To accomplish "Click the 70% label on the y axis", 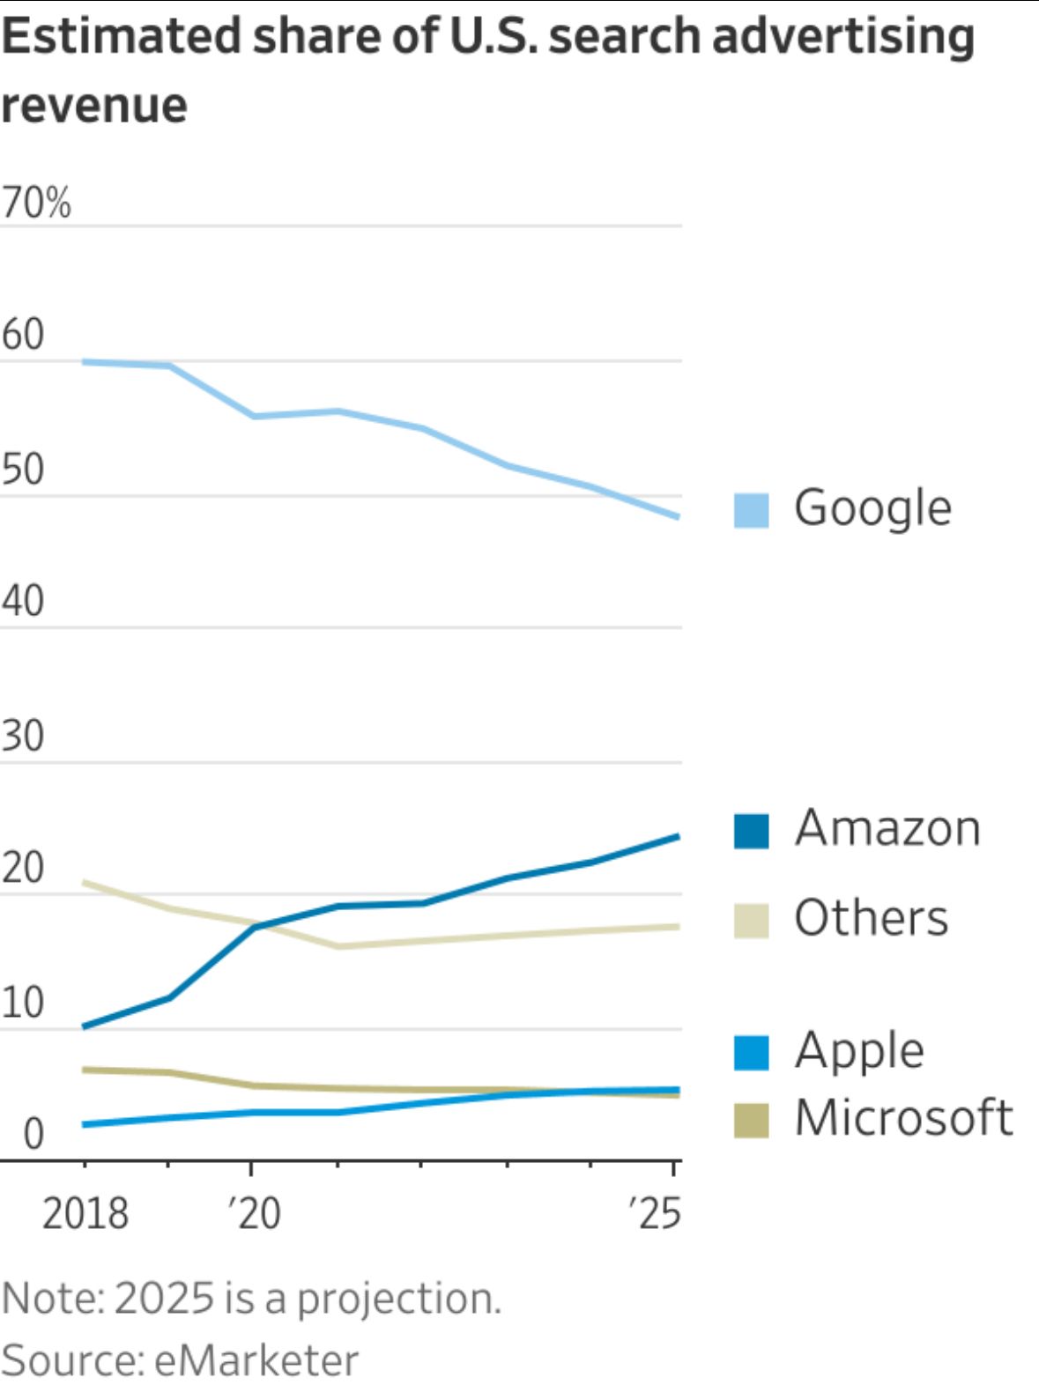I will tap(36, 204).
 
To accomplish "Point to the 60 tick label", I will tap(23, 335).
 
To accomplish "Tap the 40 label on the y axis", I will tap(23, 602).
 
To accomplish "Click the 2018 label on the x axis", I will tap(85, 1214).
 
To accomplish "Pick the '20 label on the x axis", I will tap(255, 1214).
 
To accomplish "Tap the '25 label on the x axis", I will tap(656, 1214).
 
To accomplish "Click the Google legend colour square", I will tap(751, 510).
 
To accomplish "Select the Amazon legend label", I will tap(887, 828).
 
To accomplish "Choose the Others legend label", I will tap(872, 918).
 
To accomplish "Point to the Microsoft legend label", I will tap(904, 1118).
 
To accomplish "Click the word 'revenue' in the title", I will tap(94, 106).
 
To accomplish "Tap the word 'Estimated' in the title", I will tap(122, 37).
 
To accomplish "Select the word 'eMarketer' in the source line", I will tap(256, 1360).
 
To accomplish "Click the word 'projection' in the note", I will tap(398, 1299).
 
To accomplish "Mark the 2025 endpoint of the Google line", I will tap(677, 517).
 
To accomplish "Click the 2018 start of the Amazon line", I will tap(84, 1026).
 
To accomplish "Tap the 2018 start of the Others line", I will tap(84, 882).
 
